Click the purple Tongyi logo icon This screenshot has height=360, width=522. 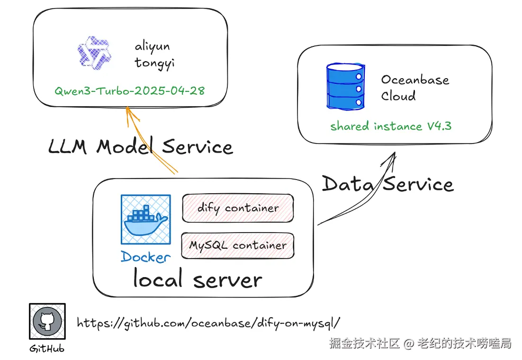coord(94,53)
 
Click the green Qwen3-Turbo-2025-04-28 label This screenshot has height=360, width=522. coord(129,90)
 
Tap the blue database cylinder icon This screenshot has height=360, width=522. coord(346,86)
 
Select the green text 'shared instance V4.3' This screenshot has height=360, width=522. coord(391,126)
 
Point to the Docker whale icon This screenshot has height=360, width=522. coord(146,220)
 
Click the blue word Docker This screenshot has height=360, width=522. coord(146,257)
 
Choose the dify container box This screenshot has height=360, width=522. coord(238,208)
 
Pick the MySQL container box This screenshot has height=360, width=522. coord(238,246)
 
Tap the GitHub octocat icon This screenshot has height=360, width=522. coord(47,321)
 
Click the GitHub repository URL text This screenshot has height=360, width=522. coord(209,323)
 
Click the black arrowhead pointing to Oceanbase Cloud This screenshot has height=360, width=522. coord(390,159)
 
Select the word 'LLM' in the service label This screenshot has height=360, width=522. coord(68,146)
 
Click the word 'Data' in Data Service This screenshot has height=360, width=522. coord(348,184)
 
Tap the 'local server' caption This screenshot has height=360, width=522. coord(198,278)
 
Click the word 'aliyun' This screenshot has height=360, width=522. coord(152,46)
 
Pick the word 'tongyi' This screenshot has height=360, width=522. coord(154,63)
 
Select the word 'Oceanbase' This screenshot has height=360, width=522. coord(415,80)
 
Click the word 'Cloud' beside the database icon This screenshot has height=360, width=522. coord(398,96)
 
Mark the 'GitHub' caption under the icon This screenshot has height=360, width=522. coord(47,348)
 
